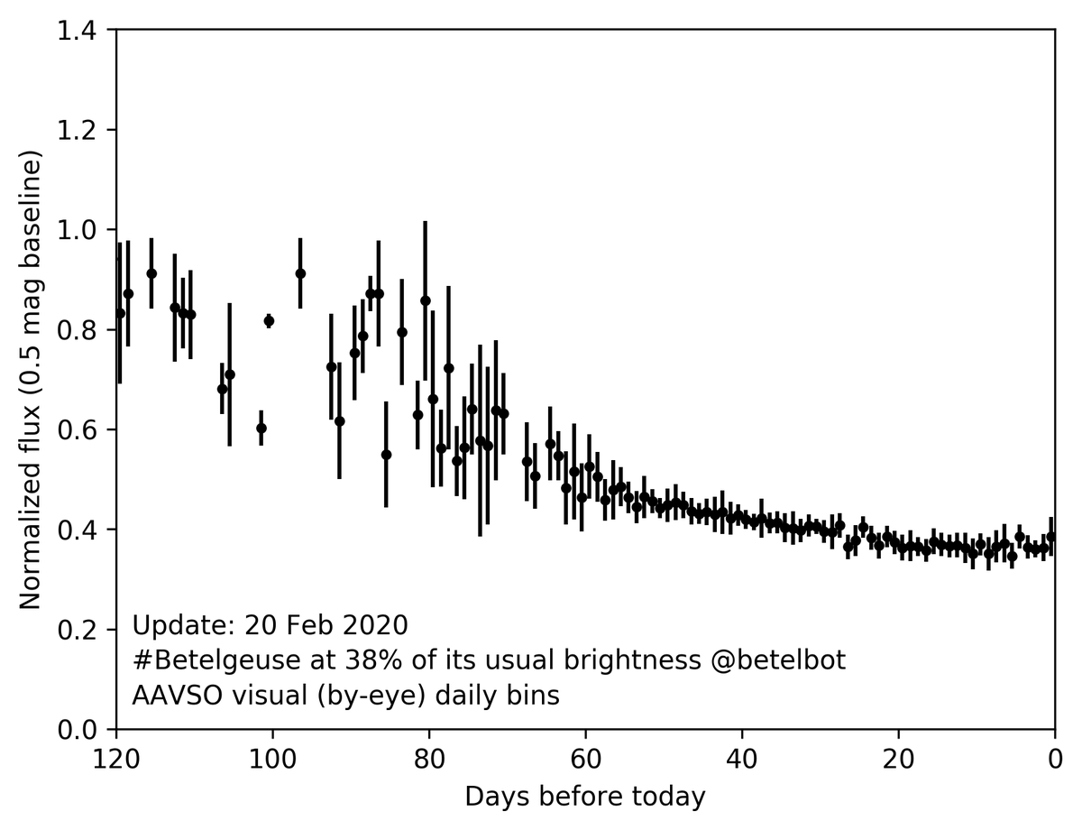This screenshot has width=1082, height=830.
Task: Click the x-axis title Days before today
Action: coord(584,797)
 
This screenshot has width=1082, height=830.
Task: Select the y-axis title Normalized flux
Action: coord(32,383)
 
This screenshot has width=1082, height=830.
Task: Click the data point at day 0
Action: coord(1051,537)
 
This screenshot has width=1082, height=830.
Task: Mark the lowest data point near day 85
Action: coord(386,455)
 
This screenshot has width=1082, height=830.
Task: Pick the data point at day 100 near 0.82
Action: coord(269,320)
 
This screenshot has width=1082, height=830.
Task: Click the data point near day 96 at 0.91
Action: coord(300,273)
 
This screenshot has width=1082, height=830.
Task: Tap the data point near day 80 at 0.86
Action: coord(426,300)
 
